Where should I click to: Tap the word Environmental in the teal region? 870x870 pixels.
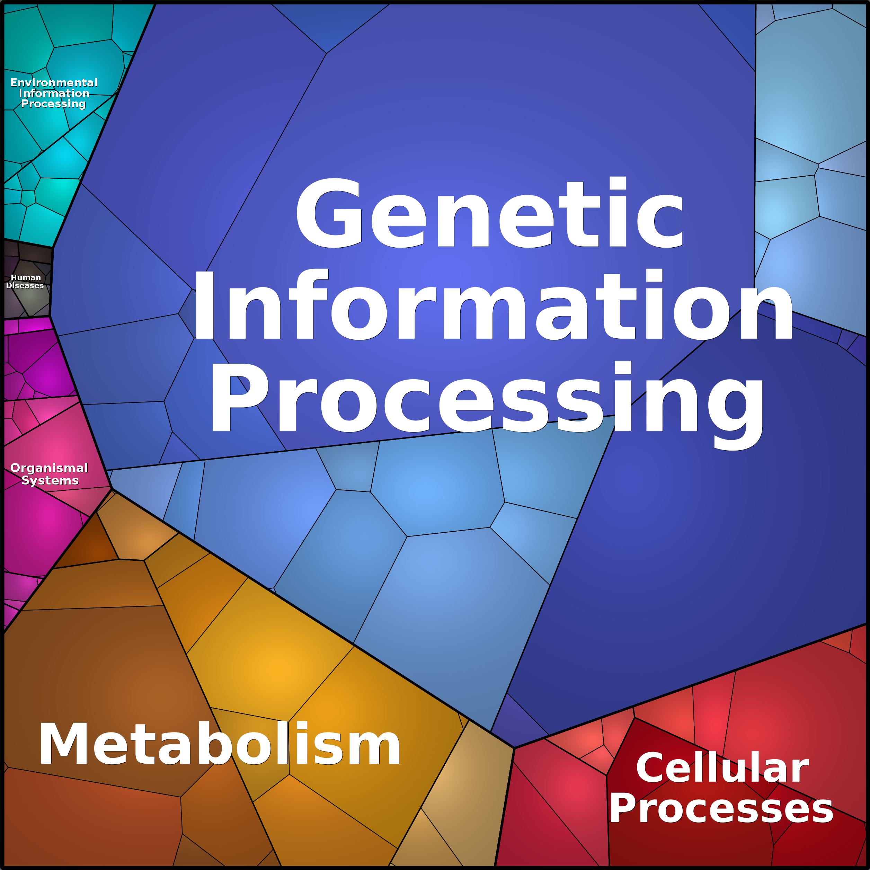(54, 82)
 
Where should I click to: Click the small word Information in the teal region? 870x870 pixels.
(54, 93)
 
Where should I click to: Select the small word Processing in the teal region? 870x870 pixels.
(54, 104)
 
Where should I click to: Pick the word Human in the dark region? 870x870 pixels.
(26, 278)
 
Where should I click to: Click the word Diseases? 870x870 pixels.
(25, 285)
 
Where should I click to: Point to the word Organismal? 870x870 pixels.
(49, 468)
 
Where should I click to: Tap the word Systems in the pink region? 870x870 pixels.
(50, 480)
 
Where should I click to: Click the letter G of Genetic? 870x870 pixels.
(329, 213)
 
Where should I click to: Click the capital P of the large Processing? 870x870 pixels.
(240, 397)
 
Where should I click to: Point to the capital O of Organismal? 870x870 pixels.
(16, 468)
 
